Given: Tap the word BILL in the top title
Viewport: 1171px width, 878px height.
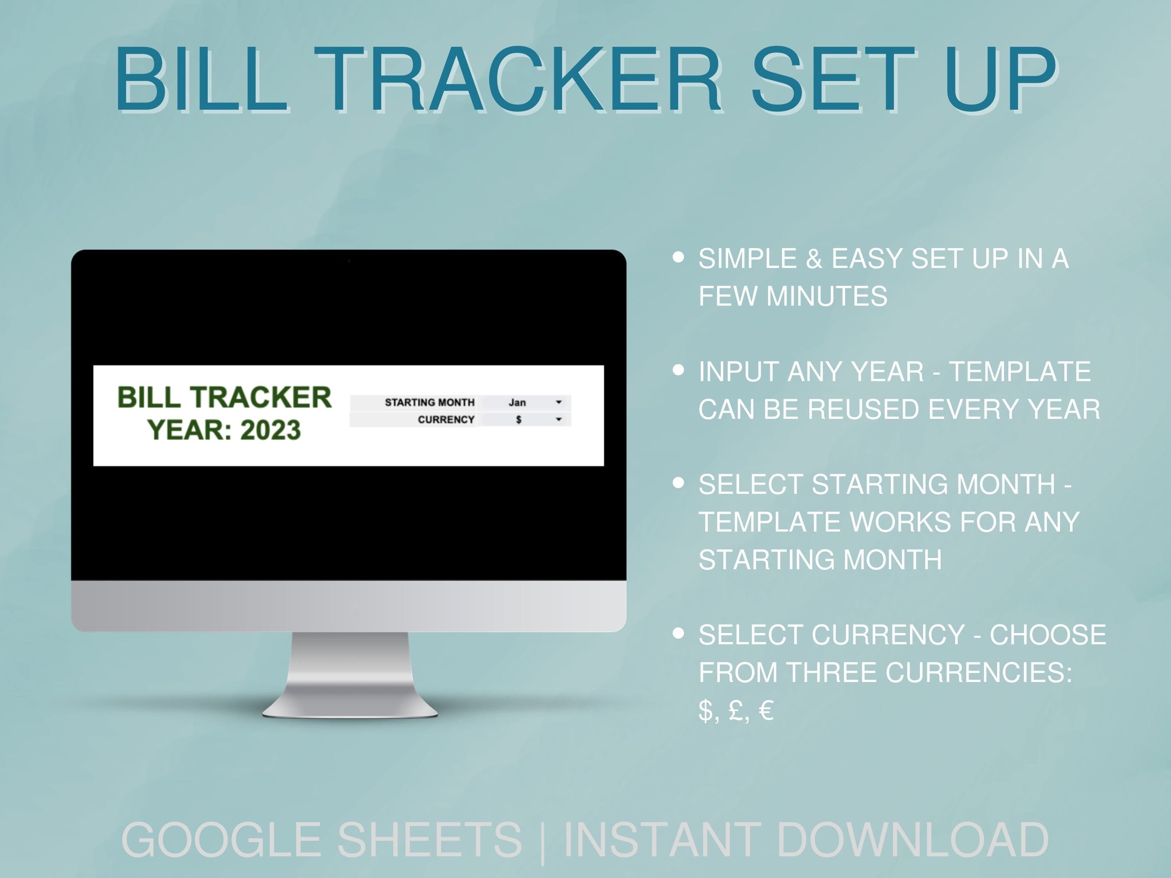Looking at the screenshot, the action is [x=201, y=79].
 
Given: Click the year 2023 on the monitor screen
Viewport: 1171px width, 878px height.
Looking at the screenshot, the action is [x=271, y=430].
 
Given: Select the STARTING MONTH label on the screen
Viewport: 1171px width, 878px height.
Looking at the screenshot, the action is [x=429, y=402].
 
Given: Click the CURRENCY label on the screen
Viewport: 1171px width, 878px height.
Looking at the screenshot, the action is [x=446, y=420].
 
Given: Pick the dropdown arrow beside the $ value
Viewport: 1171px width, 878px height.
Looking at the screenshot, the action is [x=559, y=419].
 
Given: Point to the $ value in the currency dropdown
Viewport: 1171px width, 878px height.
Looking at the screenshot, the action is [x=518, y=420].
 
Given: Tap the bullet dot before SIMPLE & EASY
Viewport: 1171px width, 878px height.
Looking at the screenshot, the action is [x=678, y=257].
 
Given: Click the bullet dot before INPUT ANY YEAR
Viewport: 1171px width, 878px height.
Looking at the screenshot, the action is [x=678, y=369].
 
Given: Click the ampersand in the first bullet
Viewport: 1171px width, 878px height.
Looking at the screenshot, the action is [x=814, y=259].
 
